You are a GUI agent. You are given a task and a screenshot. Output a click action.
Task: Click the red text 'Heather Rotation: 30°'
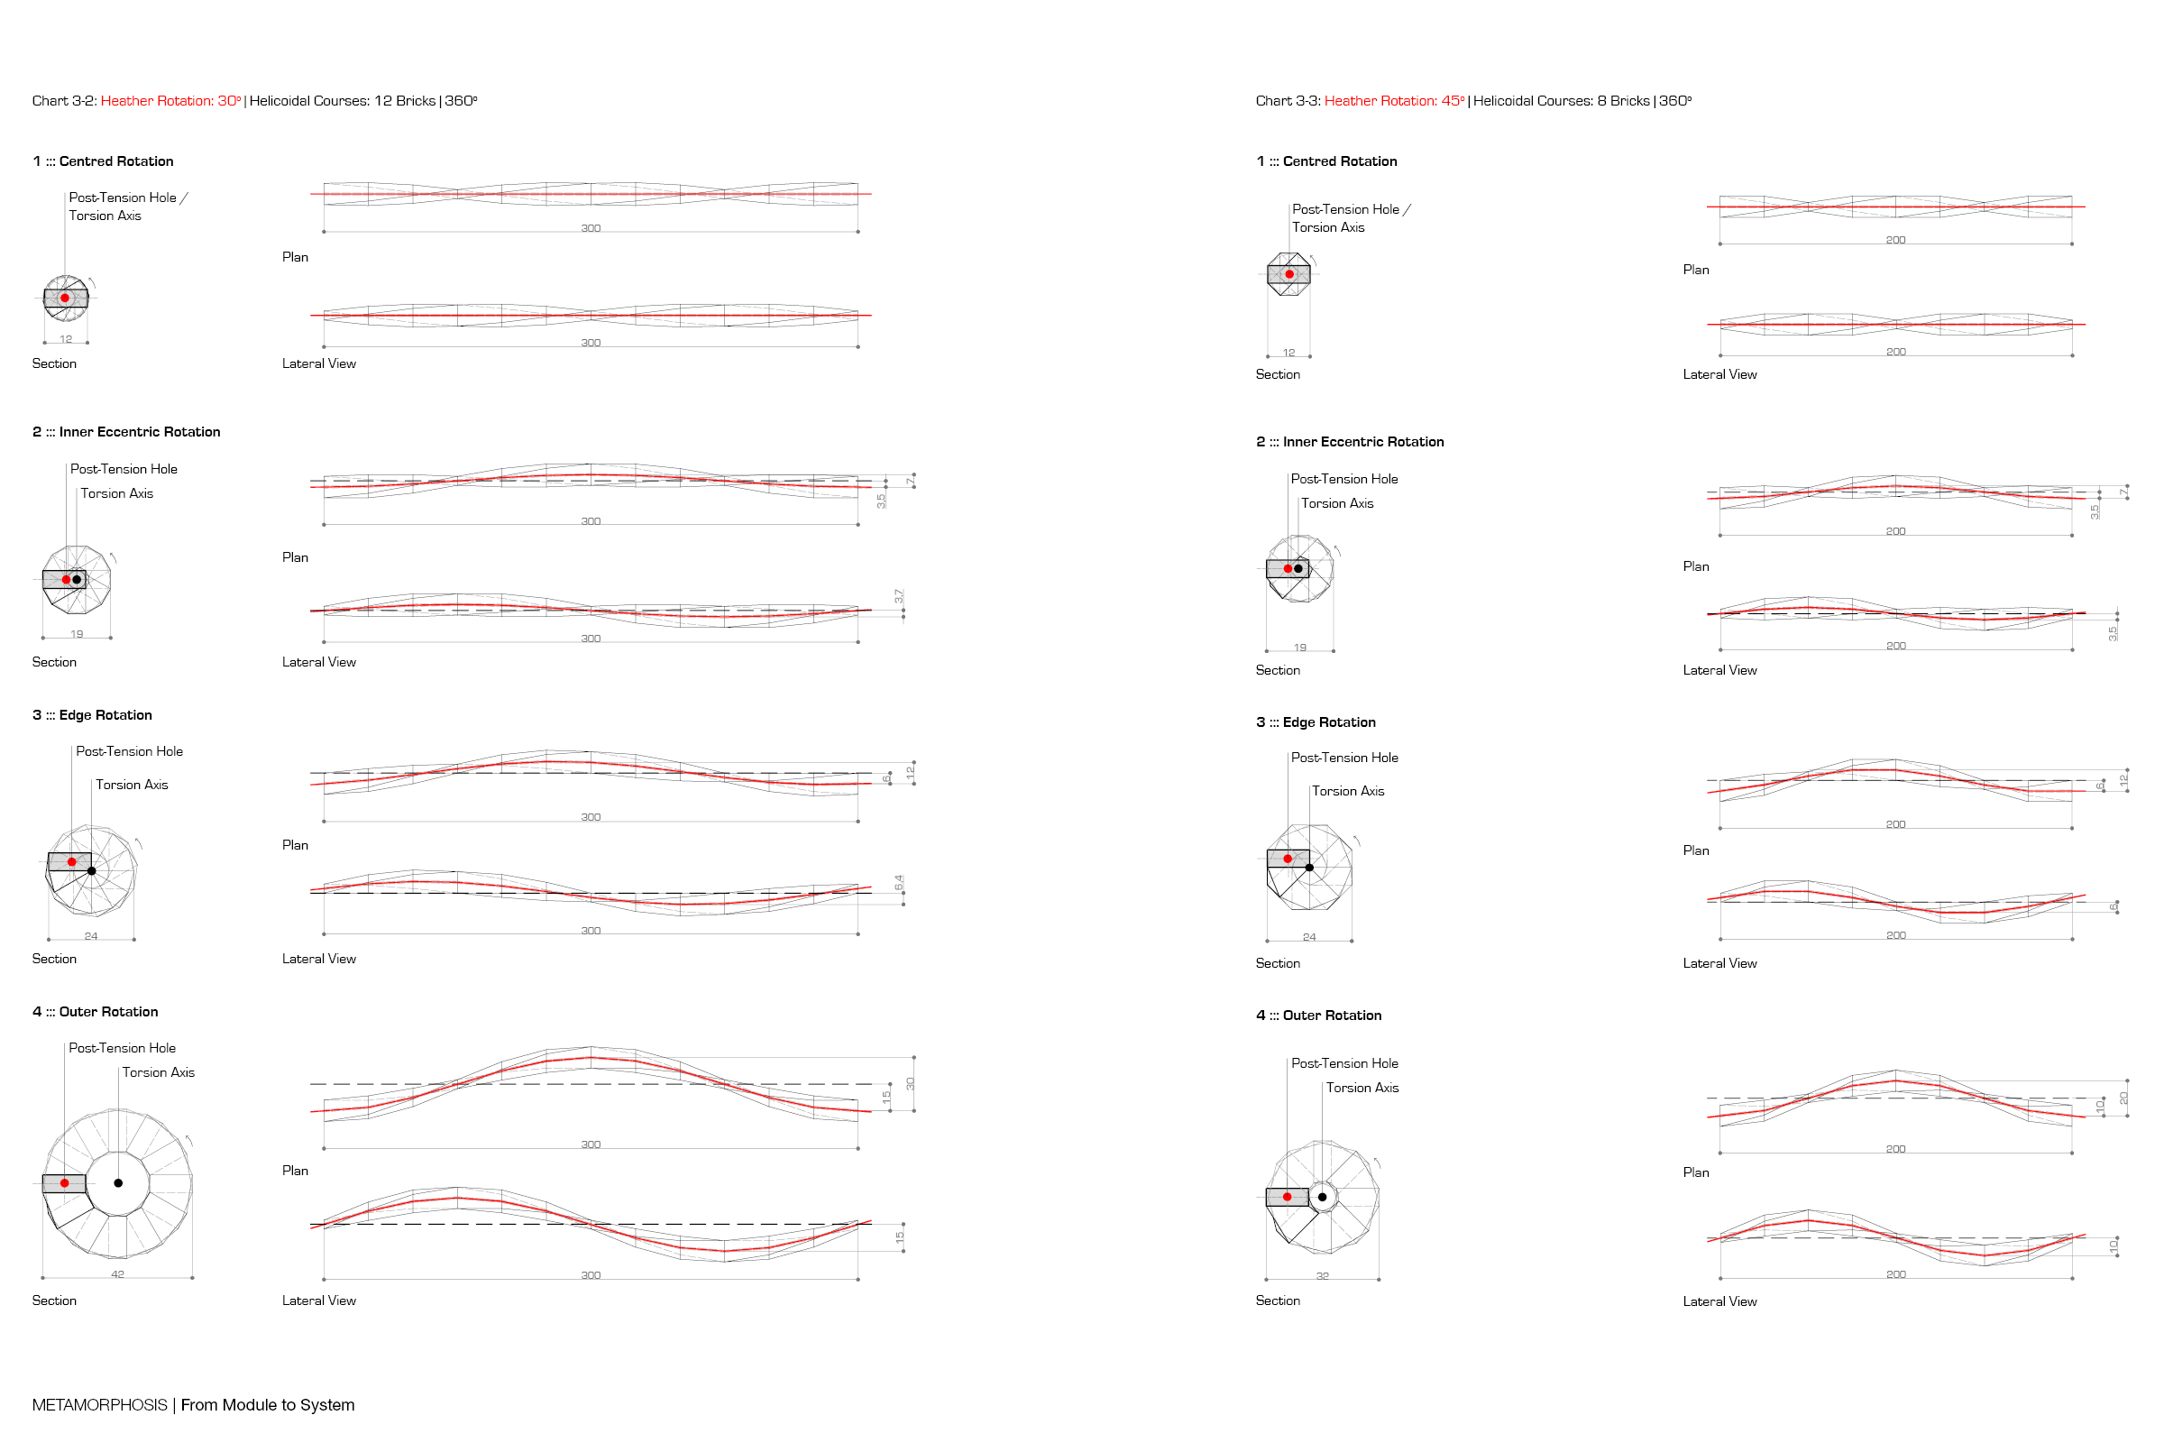tap(171, 101)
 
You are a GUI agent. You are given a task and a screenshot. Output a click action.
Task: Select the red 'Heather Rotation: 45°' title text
tap(1395, 101)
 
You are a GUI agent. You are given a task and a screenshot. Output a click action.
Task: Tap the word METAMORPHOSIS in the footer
tap(99, 1405)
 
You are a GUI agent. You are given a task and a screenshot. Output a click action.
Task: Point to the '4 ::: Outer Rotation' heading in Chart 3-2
tap(95, 1011)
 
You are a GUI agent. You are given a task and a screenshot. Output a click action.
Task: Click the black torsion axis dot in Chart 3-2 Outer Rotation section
tap(118, 1182)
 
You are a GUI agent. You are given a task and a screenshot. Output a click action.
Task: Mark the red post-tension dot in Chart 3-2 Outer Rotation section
tap(64, 1182)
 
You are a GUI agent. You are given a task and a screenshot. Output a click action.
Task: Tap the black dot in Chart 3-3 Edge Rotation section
tap(1309, 868)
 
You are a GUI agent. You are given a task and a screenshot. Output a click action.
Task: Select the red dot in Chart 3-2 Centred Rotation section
tap(64, 299)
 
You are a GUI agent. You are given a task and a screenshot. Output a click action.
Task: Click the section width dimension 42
tap(118, 1274)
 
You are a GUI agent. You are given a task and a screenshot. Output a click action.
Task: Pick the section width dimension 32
tap(1322, 1276)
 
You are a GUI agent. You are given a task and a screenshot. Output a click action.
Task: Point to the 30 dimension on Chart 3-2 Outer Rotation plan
tap(910, 1084)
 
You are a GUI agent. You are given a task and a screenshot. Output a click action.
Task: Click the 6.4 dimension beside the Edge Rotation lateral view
tap(899, 883)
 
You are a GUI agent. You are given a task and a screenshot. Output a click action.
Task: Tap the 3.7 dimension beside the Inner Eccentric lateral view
tap(899, 596)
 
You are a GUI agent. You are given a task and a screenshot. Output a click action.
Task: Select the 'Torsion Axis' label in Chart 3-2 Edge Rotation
tap(132, 785)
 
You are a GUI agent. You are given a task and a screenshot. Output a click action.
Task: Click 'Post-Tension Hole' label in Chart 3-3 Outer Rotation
tap(1344, 1063)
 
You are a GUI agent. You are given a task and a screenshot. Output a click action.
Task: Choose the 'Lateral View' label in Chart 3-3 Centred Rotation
tap(1719, 374)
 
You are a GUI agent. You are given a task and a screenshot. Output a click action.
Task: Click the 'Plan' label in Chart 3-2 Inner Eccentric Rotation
tap(296, 557)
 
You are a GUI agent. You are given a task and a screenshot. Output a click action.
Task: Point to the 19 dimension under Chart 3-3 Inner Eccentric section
tap(1300, 648)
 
